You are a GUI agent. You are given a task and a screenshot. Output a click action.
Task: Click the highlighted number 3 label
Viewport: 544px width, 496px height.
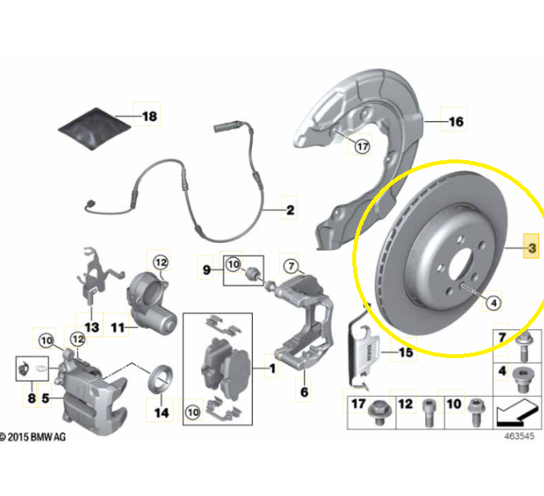pos(530,248)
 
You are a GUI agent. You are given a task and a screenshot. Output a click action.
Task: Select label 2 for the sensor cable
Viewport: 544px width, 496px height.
pos(290,212)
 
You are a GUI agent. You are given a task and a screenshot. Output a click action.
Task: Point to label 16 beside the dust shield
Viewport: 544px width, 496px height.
pos(456,123)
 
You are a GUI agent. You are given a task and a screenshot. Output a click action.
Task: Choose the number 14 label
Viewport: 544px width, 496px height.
pos(161,413)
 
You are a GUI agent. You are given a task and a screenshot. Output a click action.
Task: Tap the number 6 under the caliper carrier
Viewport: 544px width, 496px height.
pos(304,393)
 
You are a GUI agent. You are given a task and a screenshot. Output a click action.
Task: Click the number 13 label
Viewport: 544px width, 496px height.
pos(91,327)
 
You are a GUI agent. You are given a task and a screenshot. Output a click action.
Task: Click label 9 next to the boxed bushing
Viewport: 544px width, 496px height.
pos(206,270)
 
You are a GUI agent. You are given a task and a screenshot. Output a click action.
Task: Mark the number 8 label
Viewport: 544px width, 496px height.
pos(31,396)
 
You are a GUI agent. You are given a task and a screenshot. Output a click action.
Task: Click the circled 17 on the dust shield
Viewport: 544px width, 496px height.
pos(362,146)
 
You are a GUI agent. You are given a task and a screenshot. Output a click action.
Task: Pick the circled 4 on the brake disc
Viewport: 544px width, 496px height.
pos(493,302)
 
